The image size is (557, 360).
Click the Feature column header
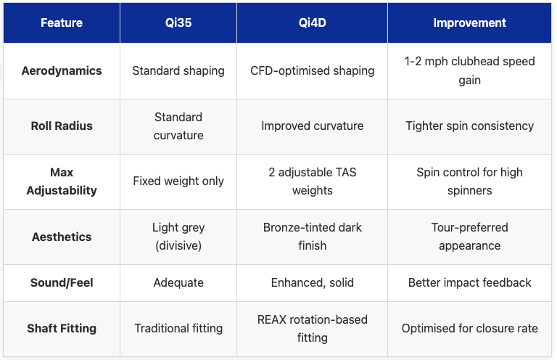click(62, 22)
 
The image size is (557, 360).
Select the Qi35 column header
click(178, 22)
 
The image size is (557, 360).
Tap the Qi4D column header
click(313, 22)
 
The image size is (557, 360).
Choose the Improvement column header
click(470, 22)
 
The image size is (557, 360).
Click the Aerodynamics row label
click(62, 71)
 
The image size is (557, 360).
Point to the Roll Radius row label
click(62, 126)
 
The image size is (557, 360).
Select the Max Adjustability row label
click(62, 181)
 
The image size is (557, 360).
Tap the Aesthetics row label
click(62, 237)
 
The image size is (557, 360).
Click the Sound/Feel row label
click(62, 282)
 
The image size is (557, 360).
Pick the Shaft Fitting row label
click(62, 328)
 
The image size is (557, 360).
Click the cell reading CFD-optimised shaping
click(313, 71)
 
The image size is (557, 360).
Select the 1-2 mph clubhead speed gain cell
click(470, 71)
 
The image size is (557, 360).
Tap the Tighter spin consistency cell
click(470, 126)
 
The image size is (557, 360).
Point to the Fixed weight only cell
click(178, 181)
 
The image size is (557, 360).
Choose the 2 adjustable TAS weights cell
click(313, 181)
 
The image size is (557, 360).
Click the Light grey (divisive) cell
click(178, 237)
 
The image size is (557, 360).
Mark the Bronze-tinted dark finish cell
click(313, 237)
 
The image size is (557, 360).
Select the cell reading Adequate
click(178, 282)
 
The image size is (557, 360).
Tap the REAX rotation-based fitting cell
click(313, 328)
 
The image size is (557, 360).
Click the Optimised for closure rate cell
click(470, 328)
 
